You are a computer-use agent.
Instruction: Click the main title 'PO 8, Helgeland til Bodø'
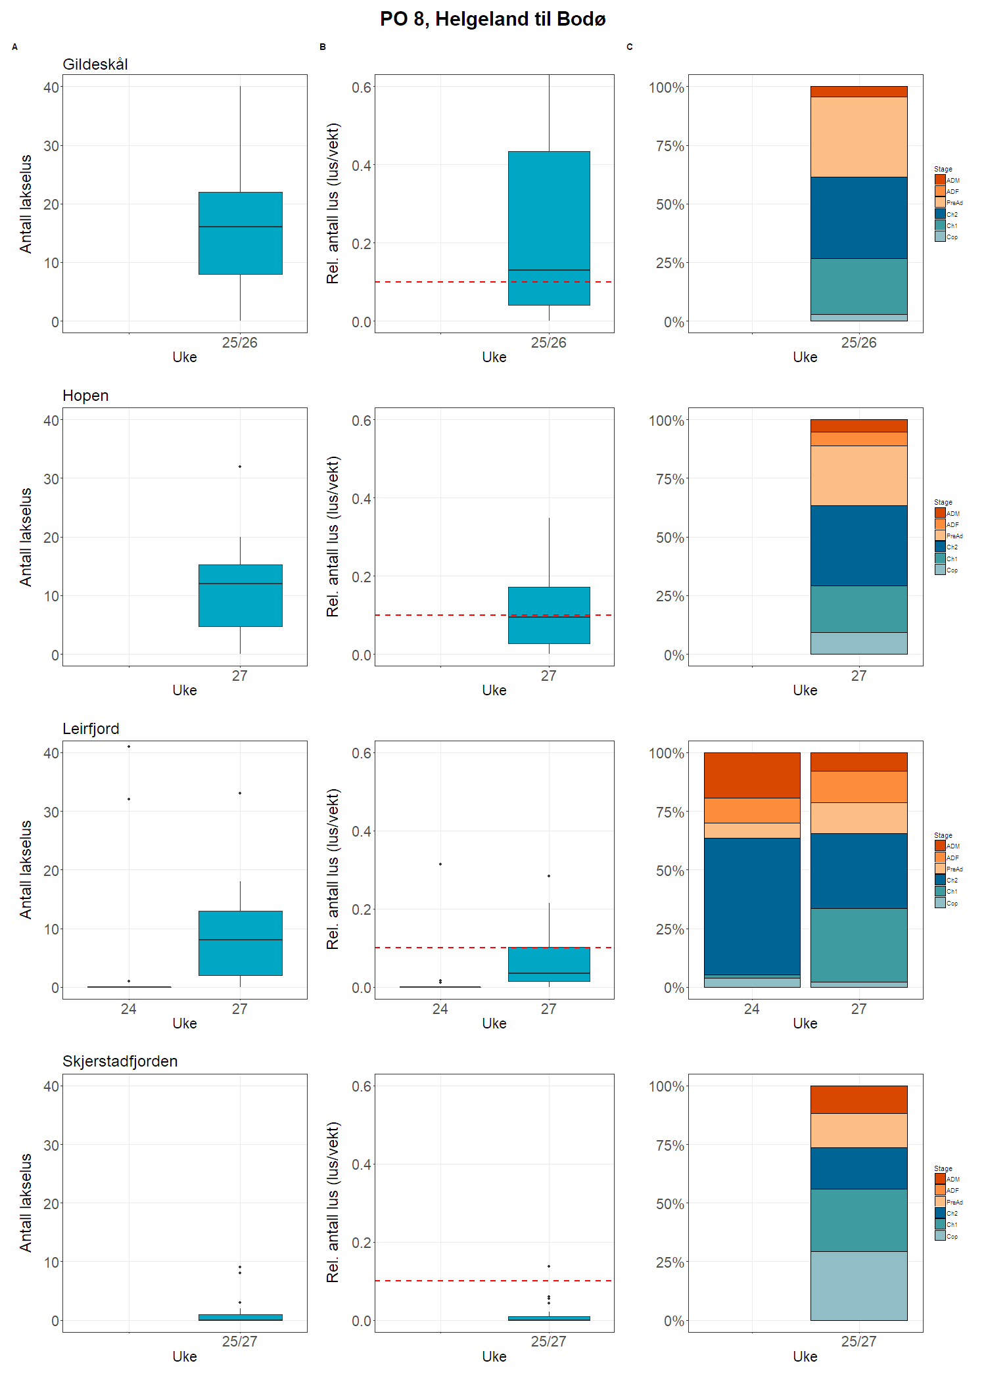pos(492,19)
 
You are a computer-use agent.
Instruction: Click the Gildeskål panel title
pos(95,64)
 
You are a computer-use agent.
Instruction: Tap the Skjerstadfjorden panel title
pos(120,1061)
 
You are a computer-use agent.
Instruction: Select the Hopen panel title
pos(85,396)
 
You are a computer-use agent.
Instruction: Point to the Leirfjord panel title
pos(91,729)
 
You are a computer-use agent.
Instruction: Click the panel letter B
pos(323,47)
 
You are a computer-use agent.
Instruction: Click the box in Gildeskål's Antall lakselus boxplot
pos(241,233)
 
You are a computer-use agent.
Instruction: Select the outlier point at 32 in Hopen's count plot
pos(240,467)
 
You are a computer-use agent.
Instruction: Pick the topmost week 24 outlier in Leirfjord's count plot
pos(129,747)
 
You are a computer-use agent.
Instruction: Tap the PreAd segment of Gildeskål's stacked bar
pos(858,137)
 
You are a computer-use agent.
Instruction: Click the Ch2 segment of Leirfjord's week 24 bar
pos(752,906)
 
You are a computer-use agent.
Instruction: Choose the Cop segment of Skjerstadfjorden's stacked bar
pos(858,1286)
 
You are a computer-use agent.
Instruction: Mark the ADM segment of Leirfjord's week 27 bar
pos(858,762)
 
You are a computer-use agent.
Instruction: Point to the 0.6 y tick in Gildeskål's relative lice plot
pos(362,87)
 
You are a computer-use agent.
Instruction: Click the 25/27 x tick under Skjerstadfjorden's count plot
pos(240,1341)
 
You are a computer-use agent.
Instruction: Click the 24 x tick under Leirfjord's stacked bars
pos(752,1009)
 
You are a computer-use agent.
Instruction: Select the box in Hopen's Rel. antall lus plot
pos(549,615)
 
